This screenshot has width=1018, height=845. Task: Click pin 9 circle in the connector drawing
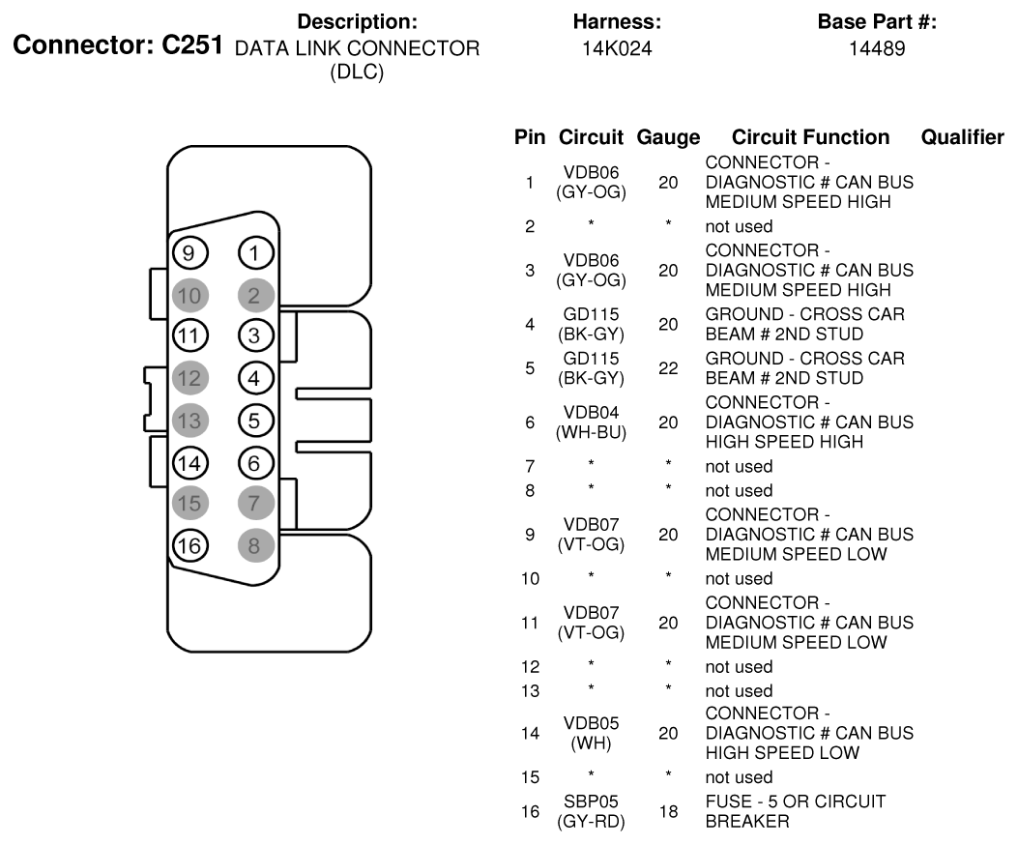tap(189, 252)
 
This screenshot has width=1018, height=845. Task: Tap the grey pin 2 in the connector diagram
tap(256, 296)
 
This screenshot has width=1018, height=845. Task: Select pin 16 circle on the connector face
tap(189, 545)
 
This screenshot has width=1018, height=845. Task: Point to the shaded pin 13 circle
tap(189, 421)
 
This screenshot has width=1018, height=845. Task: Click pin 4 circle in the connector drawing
tap(256, 378)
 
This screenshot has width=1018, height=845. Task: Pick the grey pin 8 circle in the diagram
tap(256, 545)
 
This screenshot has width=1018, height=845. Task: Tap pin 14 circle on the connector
tap(189, 463)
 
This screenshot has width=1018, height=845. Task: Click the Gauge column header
tap(668, 137)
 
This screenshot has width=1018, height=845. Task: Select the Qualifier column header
tap(962, 137)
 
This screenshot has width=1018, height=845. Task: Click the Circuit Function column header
tap(810, 137)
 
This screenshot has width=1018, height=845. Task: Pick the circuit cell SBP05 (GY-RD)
tap(591, 811)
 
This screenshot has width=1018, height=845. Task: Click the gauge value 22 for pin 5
tap(668, 368)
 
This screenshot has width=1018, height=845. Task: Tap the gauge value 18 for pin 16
tap(668, 811)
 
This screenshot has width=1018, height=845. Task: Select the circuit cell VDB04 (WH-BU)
tap(591, 422)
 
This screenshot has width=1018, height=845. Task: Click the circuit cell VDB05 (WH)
tap(591, 733)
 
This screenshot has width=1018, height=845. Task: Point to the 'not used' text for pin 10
tap(739, 579)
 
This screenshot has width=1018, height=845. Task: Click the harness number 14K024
tap(617, 48)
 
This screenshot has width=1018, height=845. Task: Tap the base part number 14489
tap(877, 48)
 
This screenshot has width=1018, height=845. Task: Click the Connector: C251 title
tap(118, 44)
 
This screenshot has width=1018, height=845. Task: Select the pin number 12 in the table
tap(530, 667)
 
